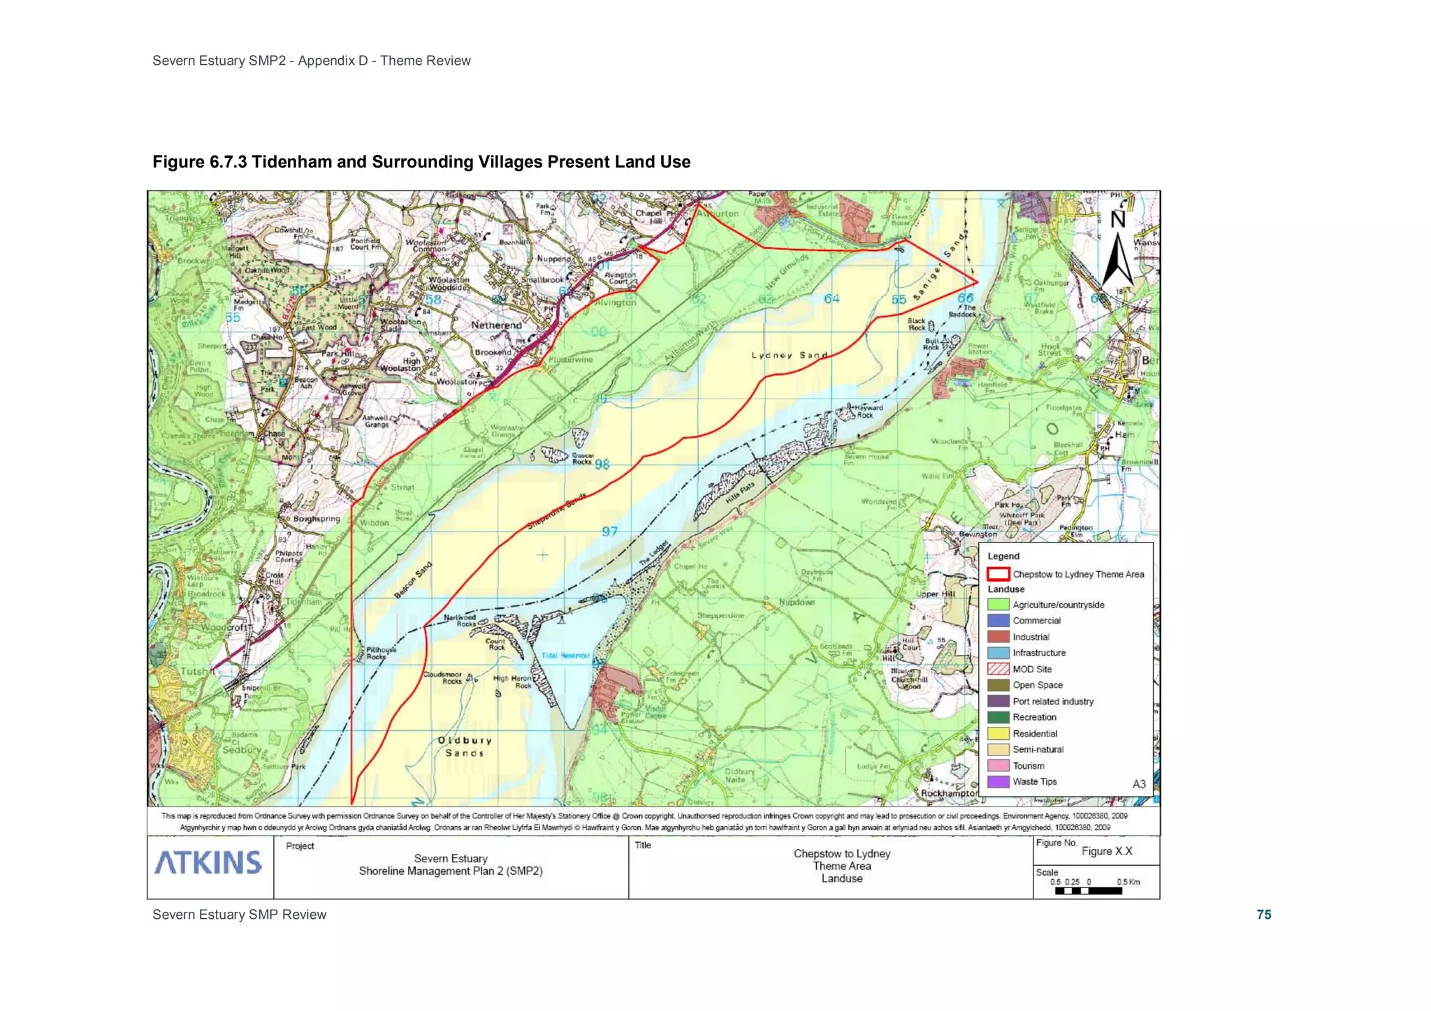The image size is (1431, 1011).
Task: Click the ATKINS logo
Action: point(208,862)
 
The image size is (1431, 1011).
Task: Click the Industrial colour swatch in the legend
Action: point(998,637)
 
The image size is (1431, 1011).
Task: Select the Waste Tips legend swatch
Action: point(998,781)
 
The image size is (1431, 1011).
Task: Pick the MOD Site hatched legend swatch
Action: point(998,669)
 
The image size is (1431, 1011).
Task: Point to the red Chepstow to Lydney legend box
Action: point(998,574)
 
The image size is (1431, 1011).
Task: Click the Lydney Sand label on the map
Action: point(790,355)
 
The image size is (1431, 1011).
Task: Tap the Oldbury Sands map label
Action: point(465,746)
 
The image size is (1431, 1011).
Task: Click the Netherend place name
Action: point(496,325)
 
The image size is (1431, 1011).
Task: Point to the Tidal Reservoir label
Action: point(565,656)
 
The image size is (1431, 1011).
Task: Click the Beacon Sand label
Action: point(413,580)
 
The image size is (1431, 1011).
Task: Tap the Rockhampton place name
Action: point(949,793)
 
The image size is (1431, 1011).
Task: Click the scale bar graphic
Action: point(1088,891)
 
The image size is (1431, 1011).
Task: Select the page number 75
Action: point(1263,915)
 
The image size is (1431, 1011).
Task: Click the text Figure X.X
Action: point(1107,851)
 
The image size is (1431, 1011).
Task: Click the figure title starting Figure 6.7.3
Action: point(421,162)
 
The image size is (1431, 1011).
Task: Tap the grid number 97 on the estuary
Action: point(609,531)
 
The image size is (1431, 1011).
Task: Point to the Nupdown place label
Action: point(797,602)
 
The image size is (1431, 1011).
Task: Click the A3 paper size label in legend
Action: point(1138,784)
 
